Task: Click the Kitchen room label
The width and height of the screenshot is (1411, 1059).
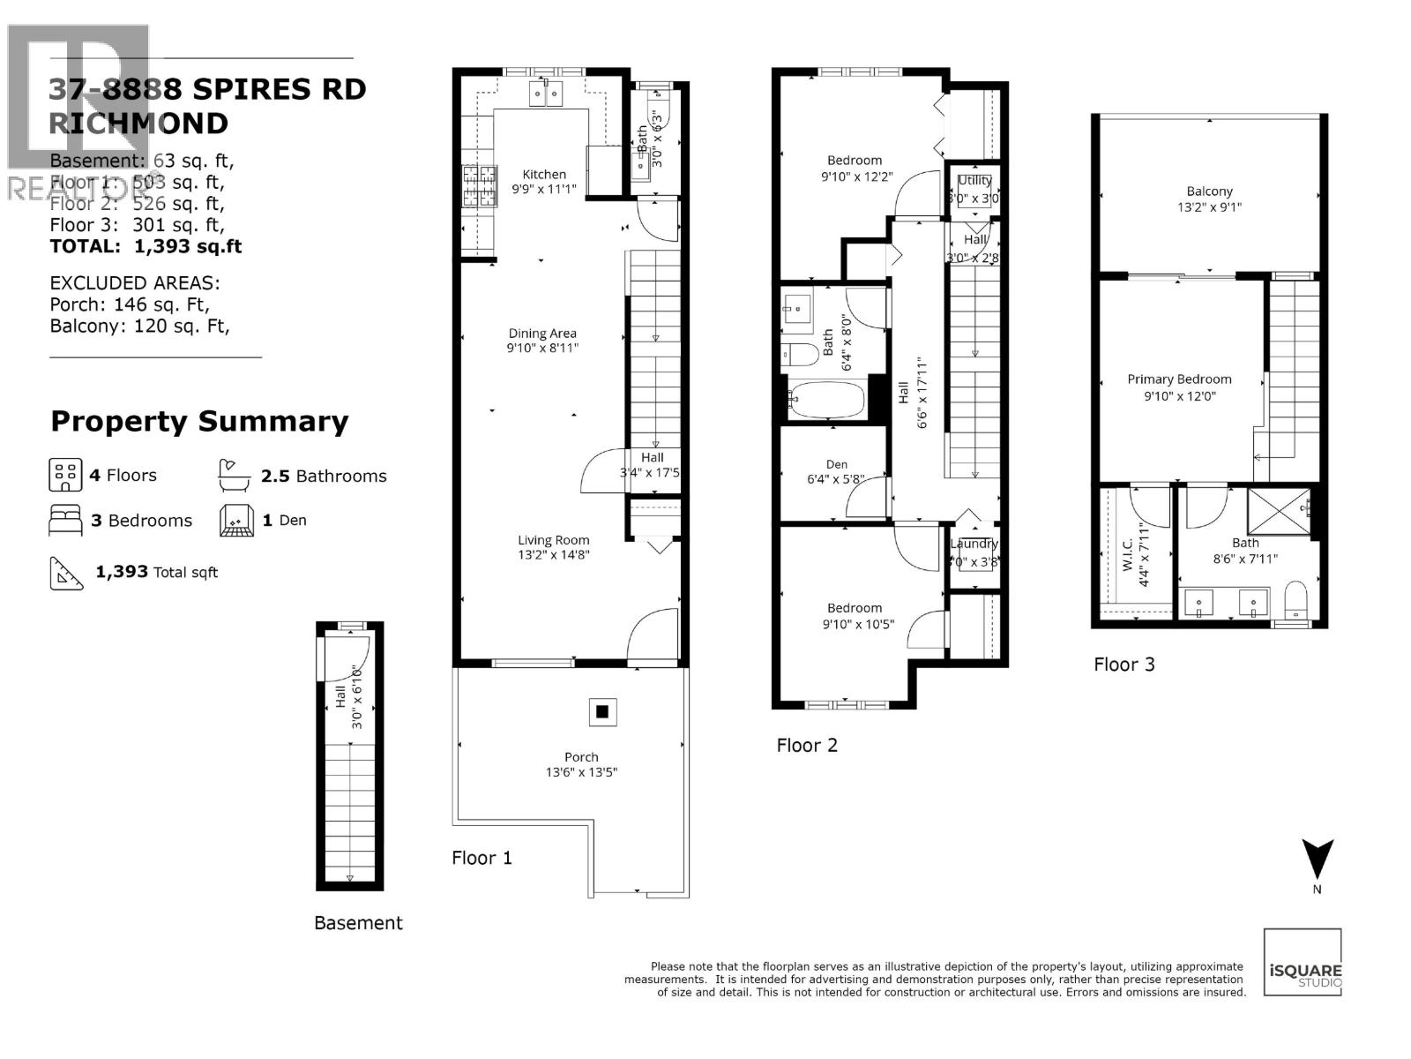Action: point(544,174)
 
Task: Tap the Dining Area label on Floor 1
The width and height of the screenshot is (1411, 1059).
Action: point(542,333)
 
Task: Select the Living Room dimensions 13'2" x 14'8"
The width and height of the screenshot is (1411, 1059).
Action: point(553,555)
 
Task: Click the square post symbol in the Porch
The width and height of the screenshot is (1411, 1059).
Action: point(602,711)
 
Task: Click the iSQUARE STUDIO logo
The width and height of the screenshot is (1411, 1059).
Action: point(1303,962)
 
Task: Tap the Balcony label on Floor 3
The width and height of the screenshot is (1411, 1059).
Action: point(1209,191)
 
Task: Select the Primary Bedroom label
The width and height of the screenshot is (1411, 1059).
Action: point(1179,379)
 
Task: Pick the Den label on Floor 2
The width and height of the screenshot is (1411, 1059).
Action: point(837,464)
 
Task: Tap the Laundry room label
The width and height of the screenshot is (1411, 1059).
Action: point(974,544)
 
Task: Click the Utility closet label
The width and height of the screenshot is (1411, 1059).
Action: point(974,180)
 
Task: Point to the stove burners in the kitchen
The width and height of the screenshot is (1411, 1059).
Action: point(479,186)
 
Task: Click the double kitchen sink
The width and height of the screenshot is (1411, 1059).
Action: point(546,93)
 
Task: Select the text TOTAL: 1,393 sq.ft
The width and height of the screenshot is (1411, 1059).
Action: point(146,246)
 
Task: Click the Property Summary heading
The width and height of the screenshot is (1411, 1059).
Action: point(199,421)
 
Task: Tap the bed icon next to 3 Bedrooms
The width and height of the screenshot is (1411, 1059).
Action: point(65,521)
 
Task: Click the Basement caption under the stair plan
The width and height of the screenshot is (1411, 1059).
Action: point(358,923)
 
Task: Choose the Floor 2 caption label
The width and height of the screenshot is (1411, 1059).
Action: point(807,745)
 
